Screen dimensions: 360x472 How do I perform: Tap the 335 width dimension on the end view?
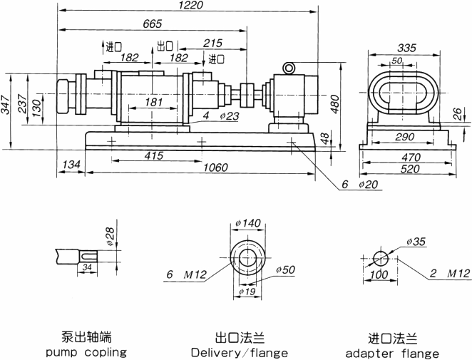pos(405,48)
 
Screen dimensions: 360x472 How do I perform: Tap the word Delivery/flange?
pos(240,353)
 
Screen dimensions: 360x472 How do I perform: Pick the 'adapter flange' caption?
pos(392,353)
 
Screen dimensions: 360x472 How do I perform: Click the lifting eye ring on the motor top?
pos(289,68)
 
